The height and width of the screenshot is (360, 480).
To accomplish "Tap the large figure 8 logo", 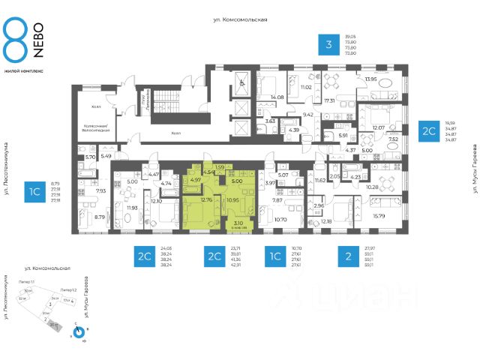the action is pos(17,39).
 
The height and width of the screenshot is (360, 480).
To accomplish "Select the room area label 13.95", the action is pos(371,79).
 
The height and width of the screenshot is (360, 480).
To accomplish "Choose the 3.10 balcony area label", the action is pos(238,223).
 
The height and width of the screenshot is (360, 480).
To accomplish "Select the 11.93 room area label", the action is pos(132,208).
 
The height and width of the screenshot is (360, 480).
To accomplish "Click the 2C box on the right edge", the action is pos(428,130).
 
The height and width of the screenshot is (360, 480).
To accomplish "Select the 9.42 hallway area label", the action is pos(307,115).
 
